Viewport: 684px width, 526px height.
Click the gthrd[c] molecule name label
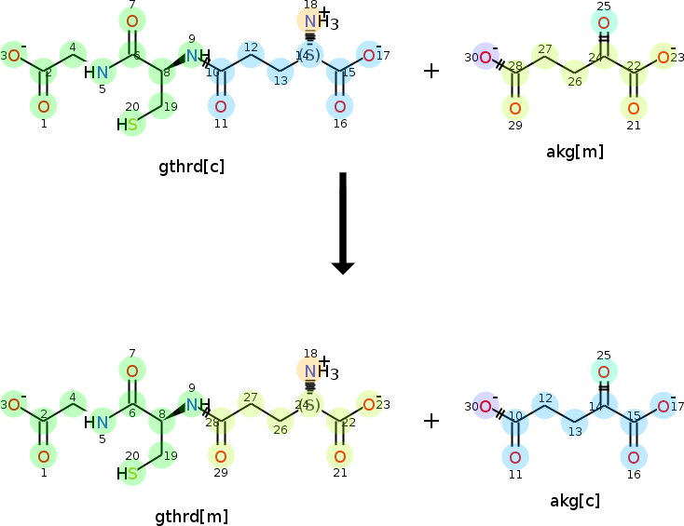point(191,167)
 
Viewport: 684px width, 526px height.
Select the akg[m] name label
point(575,152)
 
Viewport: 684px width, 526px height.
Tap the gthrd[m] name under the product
point(191,516)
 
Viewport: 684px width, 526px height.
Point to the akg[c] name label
point(575,501)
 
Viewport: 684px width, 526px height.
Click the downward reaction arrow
point(343,223)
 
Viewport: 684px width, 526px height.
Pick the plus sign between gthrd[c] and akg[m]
point(431,71)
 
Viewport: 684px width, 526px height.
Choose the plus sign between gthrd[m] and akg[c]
point(431,421)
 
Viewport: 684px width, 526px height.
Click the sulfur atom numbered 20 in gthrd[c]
point(132,124)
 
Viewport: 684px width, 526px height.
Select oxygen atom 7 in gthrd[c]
point(132,21)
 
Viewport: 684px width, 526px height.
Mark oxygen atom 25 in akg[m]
point(604,23)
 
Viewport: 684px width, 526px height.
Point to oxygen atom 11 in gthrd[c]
point(221,105)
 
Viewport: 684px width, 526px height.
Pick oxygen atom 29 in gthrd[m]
point(221,455)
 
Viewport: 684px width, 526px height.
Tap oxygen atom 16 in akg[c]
point(634,456)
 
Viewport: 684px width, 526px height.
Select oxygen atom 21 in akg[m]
point(634,107)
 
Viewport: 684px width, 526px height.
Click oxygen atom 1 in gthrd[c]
point(43,106)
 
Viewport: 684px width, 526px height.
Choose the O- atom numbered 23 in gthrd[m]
point(371,405)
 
